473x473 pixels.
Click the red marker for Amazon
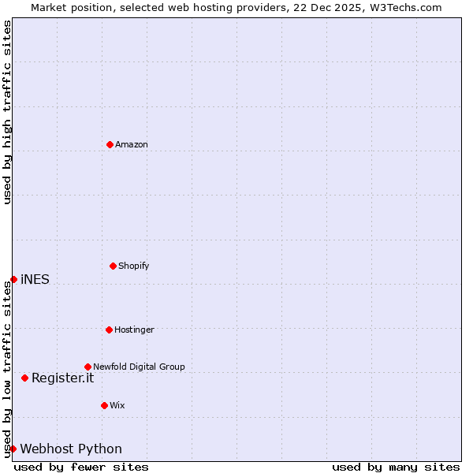110,144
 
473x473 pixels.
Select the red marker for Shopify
113,266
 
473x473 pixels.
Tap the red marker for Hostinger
109,330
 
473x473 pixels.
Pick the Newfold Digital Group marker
88,367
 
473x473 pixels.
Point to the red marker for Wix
104,405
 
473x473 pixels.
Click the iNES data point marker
13,279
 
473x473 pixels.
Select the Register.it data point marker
24,378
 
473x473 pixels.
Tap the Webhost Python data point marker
13,449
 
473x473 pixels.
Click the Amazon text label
132,144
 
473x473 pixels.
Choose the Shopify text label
134,266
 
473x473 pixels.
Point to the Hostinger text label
134,330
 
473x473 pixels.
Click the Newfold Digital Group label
139,367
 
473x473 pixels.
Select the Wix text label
117,405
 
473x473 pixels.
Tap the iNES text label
35,279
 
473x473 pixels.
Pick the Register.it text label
62,378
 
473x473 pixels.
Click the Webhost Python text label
71,449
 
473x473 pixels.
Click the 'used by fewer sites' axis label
81,467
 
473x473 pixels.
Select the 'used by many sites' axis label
396,467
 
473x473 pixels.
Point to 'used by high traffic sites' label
7,113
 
